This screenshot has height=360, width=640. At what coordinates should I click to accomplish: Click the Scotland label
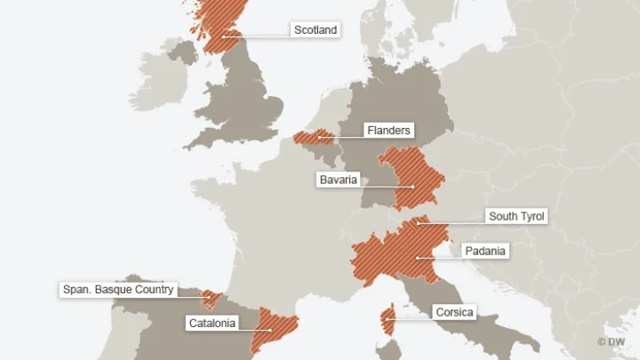point(316,30)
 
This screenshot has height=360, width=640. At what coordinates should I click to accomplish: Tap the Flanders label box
point(388,131)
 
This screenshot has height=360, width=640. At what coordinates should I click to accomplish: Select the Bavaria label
point(338,180)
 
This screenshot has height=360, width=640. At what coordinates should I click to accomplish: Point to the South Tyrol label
point(516,216)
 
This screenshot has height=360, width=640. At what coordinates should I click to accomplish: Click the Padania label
point(484,252)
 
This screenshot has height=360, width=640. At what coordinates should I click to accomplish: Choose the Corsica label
point(454,312)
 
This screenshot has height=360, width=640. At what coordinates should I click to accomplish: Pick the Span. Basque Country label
point(118,290)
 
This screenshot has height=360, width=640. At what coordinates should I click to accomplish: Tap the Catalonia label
point(212,324)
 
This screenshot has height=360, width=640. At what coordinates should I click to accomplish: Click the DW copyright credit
point(612,342)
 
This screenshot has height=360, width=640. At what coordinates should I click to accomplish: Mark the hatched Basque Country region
point(212,298)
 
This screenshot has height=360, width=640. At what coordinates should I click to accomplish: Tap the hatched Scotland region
point(213,22)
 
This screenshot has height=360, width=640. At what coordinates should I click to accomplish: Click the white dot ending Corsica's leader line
point(388,319)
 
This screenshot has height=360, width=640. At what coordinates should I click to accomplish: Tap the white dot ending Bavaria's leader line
point(413,187)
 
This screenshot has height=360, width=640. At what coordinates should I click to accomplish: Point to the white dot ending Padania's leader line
point(417,258)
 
